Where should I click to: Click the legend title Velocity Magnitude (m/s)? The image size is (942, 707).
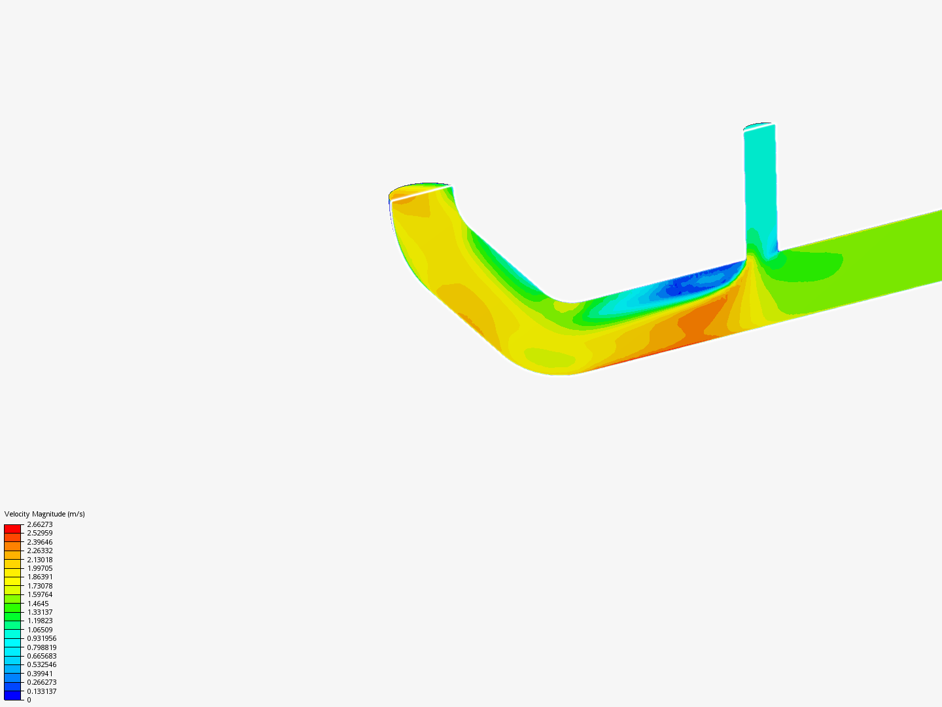(x=44, y=514)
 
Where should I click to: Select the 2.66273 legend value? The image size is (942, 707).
(x=40, y=524)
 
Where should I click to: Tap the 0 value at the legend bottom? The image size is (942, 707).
(x=29, y=700)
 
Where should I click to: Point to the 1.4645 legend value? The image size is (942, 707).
(x=38, y=604)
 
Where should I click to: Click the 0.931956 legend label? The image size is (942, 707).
(x=41, y=638)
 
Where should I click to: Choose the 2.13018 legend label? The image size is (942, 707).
(x=40, y=560)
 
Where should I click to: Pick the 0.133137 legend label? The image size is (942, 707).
(x=41, y=691)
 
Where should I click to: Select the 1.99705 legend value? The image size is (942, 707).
(x=40, y=568)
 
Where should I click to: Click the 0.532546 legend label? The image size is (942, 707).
(x=41, y=664)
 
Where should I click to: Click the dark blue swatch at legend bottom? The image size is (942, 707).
(x=12, y=695)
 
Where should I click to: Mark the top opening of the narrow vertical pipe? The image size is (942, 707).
(x=759, y=125)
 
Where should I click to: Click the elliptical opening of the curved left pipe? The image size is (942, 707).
(x=421, y=190)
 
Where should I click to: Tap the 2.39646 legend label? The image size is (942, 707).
(x=40, y=542)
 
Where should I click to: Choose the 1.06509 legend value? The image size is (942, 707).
(x=40, y=630)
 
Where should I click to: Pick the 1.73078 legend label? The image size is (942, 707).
(x=40, y=586)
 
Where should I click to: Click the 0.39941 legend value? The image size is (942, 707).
(x=40, y=674)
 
